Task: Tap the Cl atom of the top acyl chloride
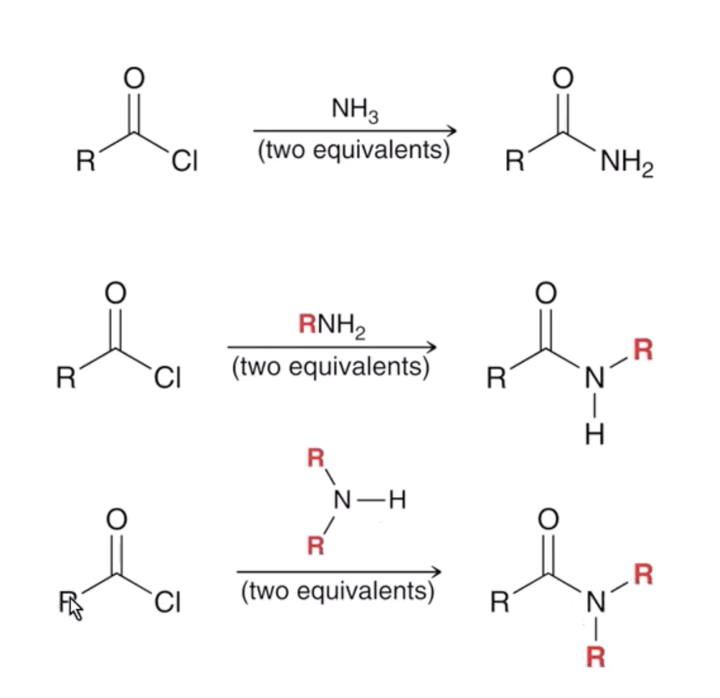click(x=185, y=161)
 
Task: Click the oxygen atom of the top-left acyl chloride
click(x=134, y=78)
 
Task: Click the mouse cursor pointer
click(x=76, y=609)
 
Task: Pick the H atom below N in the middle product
click(x=594, y=433)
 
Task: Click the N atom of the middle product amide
click(x=594, y=378)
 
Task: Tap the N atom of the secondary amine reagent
click(x=342, y=500)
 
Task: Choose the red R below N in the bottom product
click(x=596, y=658)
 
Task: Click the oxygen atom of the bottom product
click(x=548, y=519)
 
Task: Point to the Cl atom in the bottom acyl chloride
click(x=167, y=602)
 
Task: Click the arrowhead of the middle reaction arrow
click(x=431, y=347)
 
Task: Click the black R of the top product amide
click(x=515, y=161)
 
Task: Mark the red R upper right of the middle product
click(x=643, y=349)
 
